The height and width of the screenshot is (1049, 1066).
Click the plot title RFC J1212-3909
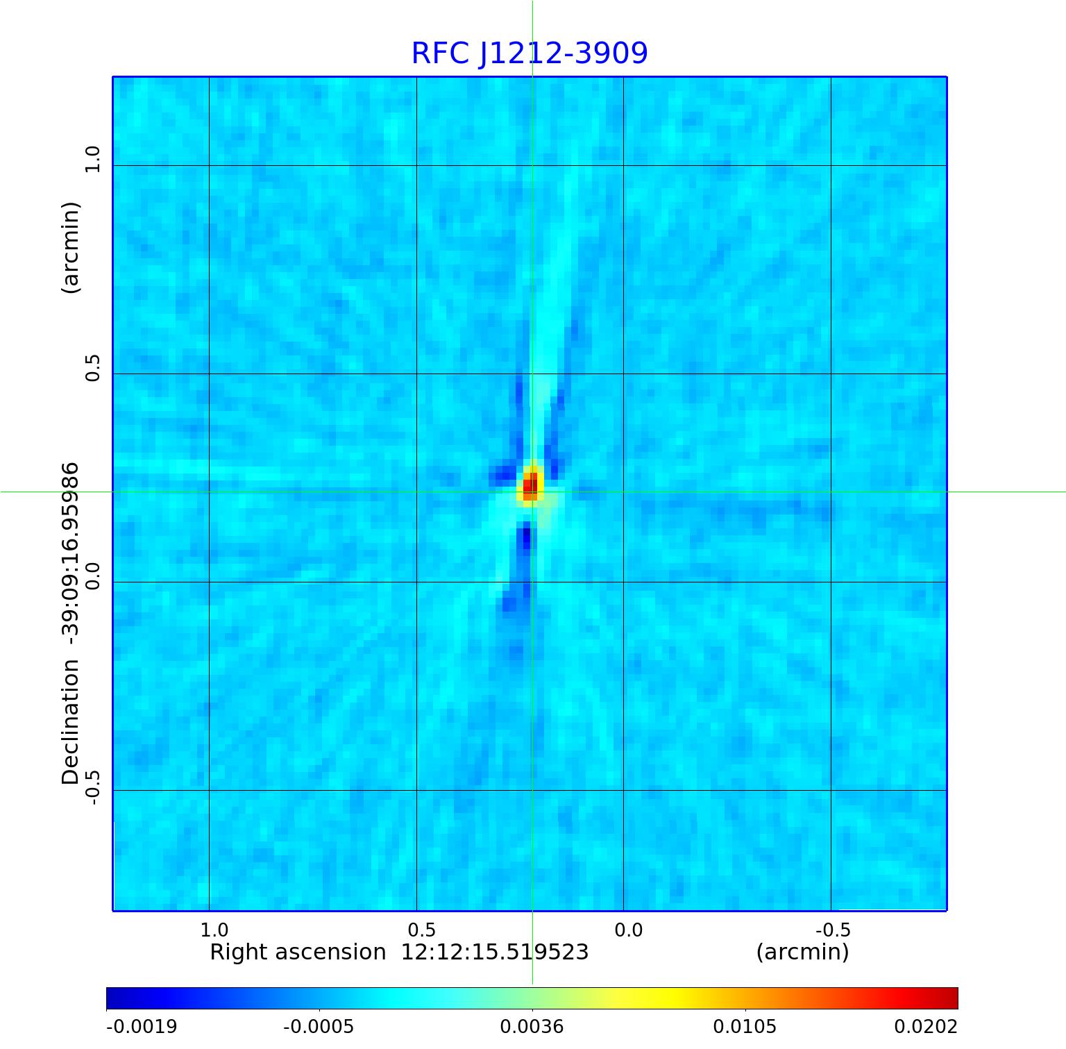(x=530, y=53)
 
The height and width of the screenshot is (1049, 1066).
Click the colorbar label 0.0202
(x=925, y=1026)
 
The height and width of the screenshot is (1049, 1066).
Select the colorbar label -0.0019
(x=142, y=1026)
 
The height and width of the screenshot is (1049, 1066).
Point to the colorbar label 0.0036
(x=532, y=1026)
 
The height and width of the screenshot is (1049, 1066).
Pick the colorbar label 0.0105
(x=745, y=1026)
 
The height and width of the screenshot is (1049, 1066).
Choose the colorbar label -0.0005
(x=319, y=1026)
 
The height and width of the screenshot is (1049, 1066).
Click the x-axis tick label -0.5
(x=833, y=930)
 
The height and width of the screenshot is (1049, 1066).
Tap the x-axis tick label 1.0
(x=214, y=930)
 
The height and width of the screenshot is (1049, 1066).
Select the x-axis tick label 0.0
(x=629, y=930)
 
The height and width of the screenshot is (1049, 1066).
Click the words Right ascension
(x=298, y=952)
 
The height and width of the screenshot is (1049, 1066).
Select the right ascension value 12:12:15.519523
(x=495, y=952)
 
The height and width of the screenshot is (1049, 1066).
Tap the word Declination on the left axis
(x=71, y=722)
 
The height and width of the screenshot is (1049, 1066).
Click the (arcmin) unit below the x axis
(x=802, y=952)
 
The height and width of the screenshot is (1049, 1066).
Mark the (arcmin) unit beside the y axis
(x=71, y=248)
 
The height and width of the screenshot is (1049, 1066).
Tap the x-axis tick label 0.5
(x=421, y=930)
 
